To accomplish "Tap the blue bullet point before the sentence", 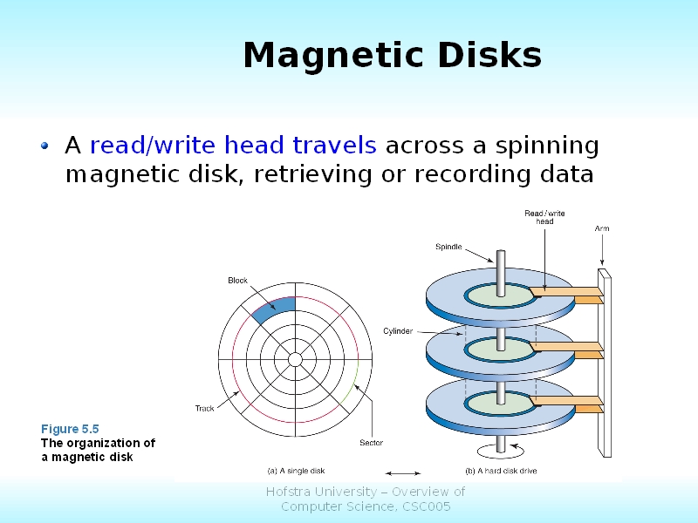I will (x=45, y=146).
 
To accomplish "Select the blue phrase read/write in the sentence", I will (x=153, y=145).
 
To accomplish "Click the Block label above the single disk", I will (x=238, y=281).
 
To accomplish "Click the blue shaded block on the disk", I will (x=273, y=309).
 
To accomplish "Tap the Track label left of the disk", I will (x=204, y=408).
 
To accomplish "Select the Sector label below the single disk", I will (x=371, y=443).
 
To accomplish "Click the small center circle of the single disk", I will (x=295, y=359).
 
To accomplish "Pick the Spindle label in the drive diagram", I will (x=448, y=248).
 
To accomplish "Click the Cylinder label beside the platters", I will (x=398, y=331).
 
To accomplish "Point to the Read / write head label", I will (x=544, y=217).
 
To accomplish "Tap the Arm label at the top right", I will (x=602, y=228).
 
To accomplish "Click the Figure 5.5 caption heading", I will (x=70, y=429).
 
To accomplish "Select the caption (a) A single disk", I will (x=297, y=471).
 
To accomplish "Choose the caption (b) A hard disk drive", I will (x=501, y=471).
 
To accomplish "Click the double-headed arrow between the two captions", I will (x=402, y=473).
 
